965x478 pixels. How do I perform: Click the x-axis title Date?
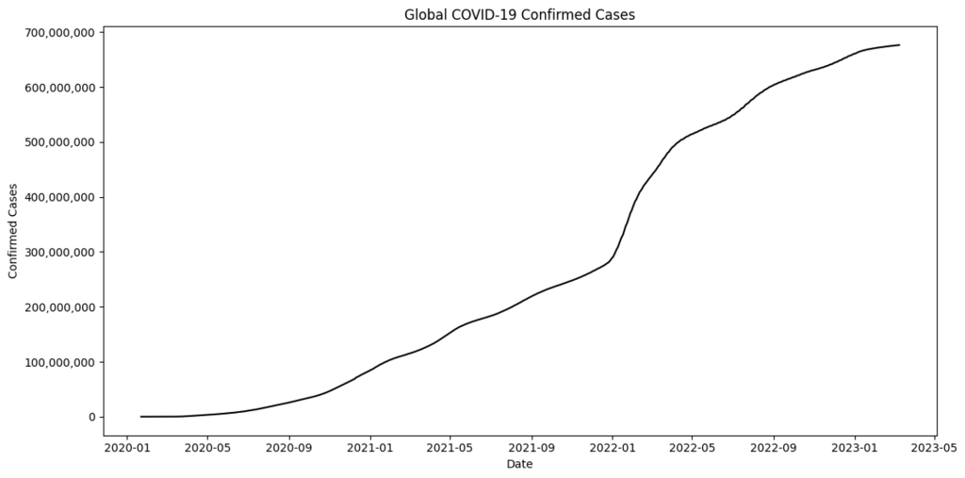[519, 464]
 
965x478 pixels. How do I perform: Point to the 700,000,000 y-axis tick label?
[59, 33]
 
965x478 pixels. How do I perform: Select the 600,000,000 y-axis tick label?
[59, 88]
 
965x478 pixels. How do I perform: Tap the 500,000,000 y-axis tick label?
[59, 142]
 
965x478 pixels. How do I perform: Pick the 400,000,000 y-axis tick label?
[59, 197]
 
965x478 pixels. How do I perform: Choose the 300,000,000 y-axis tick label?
[59, 252]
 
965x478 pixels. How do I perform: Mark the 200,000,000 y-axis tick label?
[59, 307]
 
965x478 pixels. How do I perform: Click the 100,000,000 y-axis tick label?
[59, 362]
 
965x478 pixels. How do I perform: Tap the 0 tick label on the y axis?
[90, 417]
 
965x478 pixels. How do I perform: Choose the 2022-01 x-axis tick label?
[613, 449]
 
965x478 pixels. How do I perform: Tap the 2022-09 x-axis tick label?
[774, 449]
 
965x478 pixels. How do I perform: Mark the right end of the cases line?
[899, 45]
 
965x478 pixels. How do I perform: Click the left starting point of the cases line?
[141, 417]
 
